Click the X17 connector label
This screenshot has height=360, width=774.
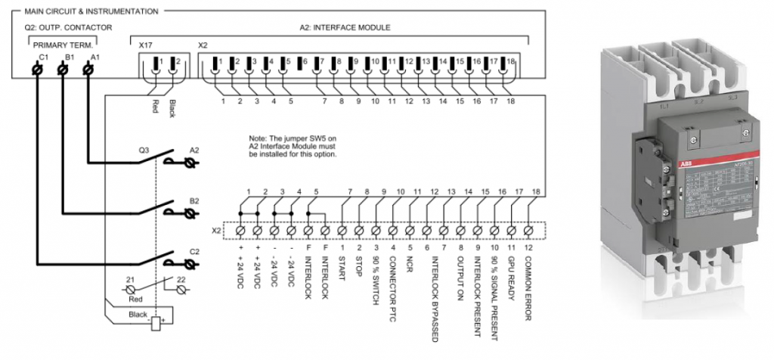pyautogui.click(x=147, y=45)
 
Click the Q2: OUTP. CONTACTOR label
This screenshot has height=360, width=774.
pyautogui.click(x=68, y=27)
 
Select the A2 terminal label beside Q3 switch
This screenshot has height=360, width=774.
pyautogui.click(x=194, y=150)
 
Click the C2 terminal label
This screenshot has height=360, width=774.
pyautogui.click(x=194, y=251)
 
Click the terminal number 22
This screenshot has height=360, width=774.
pyautogui.click(x=181, y=280)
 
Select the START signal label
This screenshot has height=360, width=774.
pyautogui.click(x=342, y=268)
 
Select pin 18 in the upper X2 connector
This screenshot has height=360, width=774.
pyautogui.click(x=512, y=61)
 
